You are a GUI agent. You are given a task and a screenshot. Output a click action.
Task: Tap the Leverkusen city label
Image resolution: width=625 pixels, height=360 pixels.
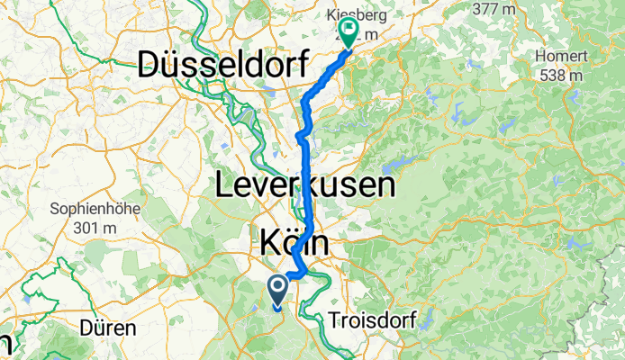click(305, 186)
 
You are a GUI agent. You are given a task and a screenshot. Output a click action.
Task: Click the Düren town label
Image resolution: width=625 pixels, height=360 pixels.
click(108, 327)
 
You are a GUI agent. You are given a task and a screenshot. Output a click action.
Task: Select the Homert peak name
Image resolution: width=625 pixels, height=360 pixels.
click(563, 57)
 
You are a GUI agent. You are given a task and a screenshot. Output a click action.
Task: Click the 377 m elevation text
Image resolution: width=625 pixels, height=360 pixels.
click(501, 10)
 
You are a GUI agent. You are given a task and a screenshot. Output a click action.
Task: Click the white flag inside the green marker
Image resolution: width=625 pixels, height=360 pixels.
click(349, 30)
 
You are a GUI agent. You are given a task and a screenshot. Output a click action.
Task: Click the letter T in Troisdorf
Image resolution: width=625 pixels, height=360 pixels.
click(334, 321)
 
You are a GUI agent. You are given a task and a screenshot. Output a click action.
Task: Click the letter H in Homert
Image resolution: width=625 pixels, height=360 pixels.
click(543, 57)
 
